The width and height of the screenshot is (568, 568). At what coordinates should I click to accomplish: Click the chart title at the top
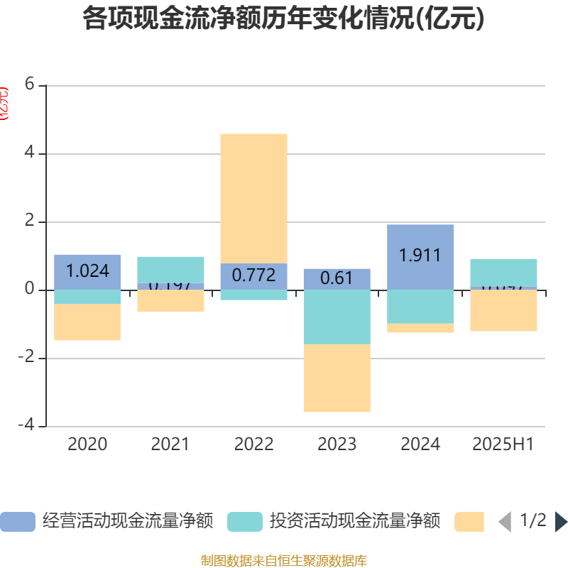pyautogui.click(x=284, y=18)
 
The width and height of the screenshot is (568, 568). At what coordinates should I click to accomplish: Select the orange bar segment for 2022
pyautogui.click(x=253, y=198)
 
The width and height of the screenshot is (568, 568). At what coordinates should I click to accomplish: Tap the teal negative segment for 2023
pyautogui.click(x=337, y=317)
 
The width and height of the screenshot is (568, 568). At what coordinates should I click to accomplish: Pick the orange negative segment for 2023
pyautogui.click(x=337, y=378)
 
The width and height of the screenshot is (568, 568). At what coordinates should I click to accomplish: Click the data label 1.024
pyautogui.click(x=87, y=271)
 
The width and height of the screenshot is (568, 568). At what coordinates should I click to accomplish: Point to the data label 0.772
pyautogui.click(x=253, y=275)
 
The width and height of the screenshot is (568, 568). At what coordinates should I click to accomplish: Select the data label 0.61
pyautogui.click(x=337, y=278)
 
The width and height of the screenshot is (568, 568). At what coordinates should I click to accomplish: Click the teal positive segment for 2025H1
pyautogui.click(x=503, y=272)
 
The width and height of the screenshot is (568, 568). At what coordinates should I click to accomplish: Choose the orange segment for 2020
pyautogui.click(x=87, y=322)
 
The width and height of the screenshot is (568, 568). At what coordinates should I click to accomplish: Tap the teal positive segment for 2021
pyautogui.click(x=170, y=269)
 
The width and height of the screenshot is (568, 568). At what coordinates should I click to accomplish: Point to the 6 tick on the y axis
pyautogui.click(x=29, y=84)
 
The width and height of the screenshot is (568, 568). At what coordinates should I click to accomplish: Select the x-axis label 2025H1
pyautogui.click(x=503, y=444)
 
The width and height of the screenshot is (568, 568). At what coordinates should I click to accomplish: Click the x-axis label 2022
pyautogui.click(x=253, y=444)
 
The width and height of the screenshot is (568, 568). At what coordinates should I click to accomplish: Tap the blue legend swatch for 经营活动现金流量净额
pyautogui.click(x=17, y=522)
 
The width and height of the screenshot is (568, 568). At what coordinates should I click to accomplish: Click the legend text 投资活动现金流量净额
pyautogui.click(x=355, y=521)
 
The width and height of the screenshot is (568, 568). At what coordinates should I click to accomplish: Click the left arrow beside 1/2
pyautogui.click(x=504, y=522)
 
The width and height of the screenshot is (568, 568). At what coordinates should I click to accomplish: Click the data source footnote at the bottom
pyautogui.click(x=284, y=561)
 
